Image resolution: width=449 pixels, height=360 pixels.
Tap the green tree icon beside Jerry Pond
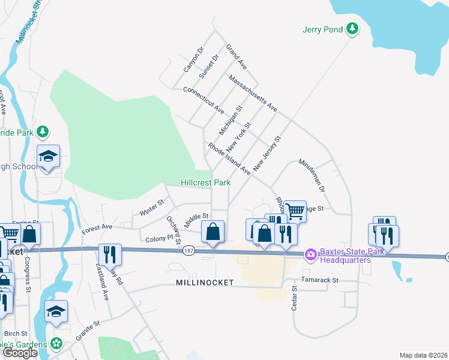(x=354, y=28)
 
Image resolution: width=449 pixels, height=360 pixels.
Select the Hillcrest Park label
(x=206, y=182)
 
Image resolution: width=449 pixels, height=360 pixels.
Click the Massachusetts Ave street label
(x=252, y=93)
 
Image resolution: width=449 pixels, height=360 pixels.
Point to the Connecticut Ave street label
(x=203, y=100)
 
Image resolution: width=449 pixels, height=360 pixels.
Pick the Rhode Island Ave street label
(x=229, y=158)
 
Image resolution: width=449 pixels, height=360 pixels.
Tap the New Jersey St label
(x=267, y=154)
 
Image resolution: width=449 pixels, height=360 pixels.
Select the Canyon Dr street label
(x=194, y=59)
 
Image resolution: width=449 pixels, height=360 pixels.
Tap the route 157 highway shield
(x=189, y=250)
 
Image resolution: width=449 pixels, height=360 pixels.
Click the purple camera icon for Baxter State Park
(x=310, y=255)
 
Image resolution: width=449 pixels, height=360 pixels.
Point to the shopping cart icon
(x=295, y=211)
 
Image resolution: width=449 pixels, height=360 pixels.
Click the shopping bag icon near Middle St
(x=213, y=232)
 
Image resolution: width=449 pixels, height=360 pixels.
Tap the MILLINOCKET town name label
(x=205, y=282)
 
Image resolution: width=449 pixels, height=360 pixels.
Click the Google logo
(x=20, y=353)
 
